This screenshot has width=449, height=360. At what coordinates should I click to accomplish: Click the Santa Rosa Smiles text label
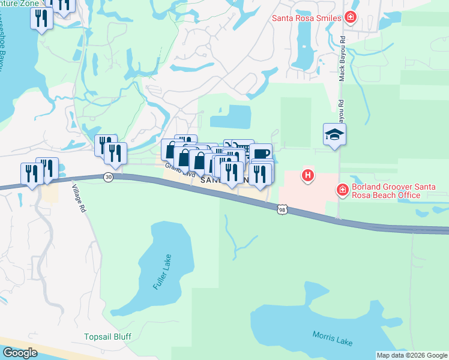[306, 18]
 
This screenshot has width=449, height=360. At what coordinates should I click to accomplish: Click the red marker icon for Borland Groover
[342, 190]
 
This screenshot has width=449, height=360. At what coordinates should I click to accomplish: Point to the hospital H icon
[308, 175]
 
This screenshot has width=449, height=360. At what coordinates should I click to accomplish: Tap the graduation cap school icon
[334, 133]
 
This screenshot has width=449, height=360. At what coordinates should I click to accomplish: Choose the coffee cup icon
[261, 153]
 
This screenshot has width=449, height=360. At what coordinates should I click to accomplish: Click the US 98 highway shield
[283, 209]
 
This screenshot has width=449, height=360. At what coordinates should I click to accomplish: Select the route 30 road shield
[108, 177]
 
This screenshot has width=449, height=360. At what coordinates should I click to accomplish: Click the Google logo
[20, 353]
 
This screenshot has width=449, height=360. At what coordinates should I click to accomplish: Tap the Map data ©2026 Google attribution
[412, 355]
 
